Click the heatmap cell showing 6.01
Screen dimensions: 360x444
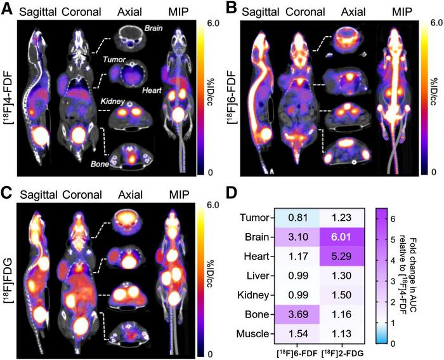click(341, 236)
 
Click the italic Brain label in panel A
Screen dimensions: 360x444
click(155, 29)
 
